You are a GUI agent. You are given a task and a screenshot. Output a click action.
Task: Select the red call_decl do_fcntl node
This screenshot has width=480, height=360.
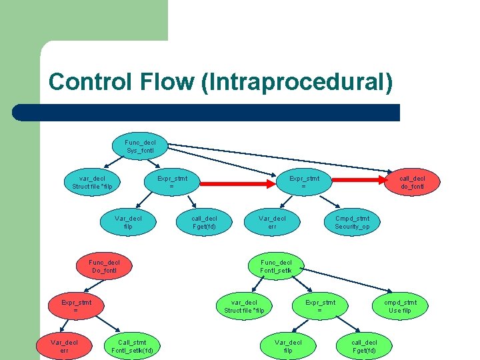(x=412, y=182)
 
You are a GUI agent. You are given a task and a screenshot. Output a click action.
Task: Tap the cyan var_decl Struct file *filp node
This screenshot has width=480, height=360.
(x=92, y=182)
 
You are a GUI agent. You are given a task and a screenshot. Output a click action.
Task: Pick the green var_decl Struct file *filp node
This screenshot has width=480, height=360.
(x=244, y=306)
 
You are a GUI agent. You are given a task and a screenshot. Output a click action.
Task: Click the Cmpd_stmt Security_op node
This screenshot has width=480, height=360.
(x=352, y=223)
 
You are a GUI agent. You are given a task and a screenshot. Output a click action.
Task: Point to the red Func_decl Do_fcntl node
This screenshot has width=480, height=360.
(x=103, y=266)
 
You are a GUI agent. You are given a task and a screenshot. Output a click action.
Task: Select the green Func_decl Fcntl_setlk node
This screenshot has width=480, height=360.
(x=276, y=266)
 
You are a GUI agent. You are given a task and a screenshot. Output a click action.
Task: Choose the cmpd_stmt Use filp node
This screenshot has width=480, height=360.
(x=400, y=306)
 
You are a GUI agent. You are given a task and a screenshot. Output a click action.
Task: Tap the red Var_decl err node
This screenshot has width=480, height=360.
(x=64, y=346)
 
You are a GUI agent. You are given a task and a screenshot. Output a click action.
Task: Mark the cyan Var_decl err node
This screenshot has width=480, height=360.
(x=272, y=223)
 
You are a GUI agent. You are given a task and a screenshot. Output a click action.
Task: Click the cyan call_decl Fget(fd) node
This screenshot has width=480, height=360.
(x=204, y=223)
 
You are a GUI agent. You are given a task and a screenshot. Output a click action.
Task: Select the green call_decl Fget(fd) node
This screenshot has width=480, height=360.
(x=364, y=346)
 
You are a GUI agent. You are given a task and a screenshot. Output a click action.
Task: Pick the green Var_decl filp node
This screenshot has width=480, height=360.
(x=288, y=346)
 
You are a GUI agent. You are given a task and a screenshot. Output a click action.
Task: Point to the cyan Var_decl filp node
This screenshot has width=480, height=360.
(x=128, y=223)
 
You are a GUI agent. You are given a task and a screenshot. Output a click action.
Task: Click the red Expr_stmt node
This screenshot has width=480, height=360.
(x=75, y=306)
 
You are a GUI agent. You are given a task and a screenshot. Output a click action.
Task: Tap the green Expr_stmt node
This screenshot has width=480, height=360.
(x=320, y=306)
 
